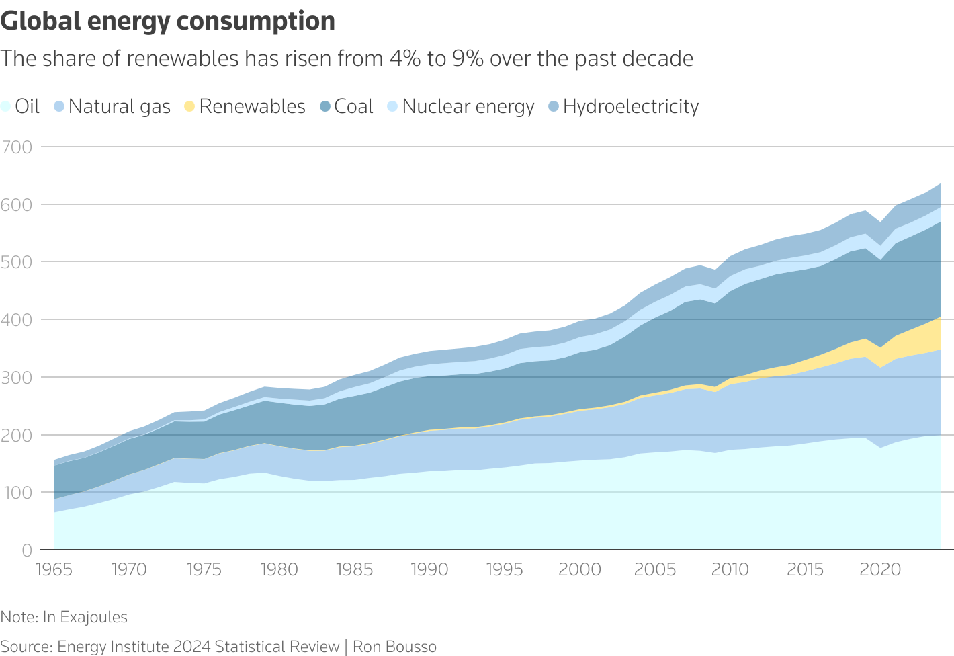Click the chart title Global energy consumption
click(x=168, y=22)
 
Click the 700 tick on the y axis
click(x=17, y=147)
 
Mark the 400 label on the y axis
click(x=17, y=320)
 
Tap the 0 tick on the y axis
click(x=27, y=550)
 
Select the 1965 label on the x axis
click(x=54, y=570)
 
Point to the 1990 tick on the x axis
click(x=429, y=570)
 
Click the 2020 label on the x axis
click(x=880, y=570)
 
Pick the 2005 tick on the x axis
click(x=655, y=570)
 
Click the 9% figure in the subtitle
click(x=468, y=59)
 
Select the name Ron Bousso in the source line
click(x=395, y=647)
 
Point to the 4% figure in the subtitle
click(x=405, y=59)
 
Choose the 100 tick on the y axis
click(x=17, y=493)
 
